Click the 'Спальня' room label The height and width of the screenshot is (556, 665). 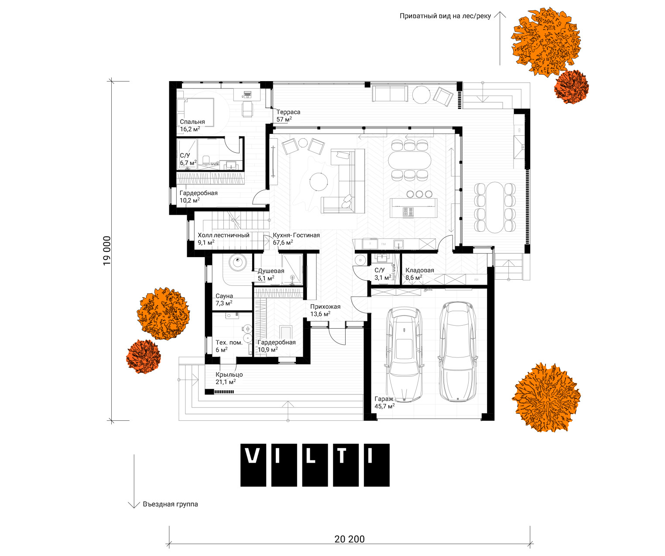pyautogui.click(x=192, y=122)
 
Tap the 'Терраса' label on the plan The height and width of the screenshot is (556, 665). pyautogui.click(x=288, y=112)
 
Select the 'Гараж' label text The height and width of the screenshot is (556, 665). pyautogui.click(x=384, y=399)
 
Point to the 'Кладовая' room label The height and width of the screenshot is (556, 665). pyautogui.click(x=419, y=270)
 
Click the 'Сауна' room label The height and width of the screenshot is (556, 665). pyautogui.click(x=224, y=296)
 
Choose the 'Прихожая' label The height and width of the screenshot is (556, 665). pyautogui.click(x=325, y=306)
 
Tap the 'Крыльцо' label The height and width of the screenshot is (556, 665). pyautogui.click(x=229, y=375)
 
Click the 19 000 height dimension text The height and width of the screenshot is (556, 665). pyautogui.click(x=107, y=251)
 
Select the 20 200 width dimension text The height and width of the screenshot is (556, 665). pyautogui.click(x=350, y=539)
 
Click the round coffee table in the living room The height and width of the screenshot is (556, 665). pyautogui.click(x=319, y=182)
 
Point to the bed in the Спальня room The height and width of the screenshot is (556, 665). pyautogui.click(x=195, y=113)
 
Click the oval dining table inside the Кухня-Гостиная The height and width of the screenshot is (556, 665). pyautogui.click(x=409, y=160)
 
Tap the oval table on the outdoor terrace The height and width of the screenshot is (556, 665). pyautogui.click(x=495, y=207)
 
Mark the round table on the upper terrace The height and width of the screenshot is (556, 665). pyautogui.click(x=422, y=95)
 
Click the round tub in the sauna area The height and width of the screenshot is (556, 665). pyautogui.click(x=237, y=262)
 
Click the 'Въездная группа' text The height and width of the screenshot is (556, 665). pyautogui.click(x=170, y=504)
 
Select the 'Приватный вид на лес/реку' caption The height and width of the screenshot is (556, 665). pyautogui.click(x=445, y=16)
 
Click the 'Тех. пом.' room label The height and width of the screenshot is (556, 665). pyautogui.click(x=229, y=343)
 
